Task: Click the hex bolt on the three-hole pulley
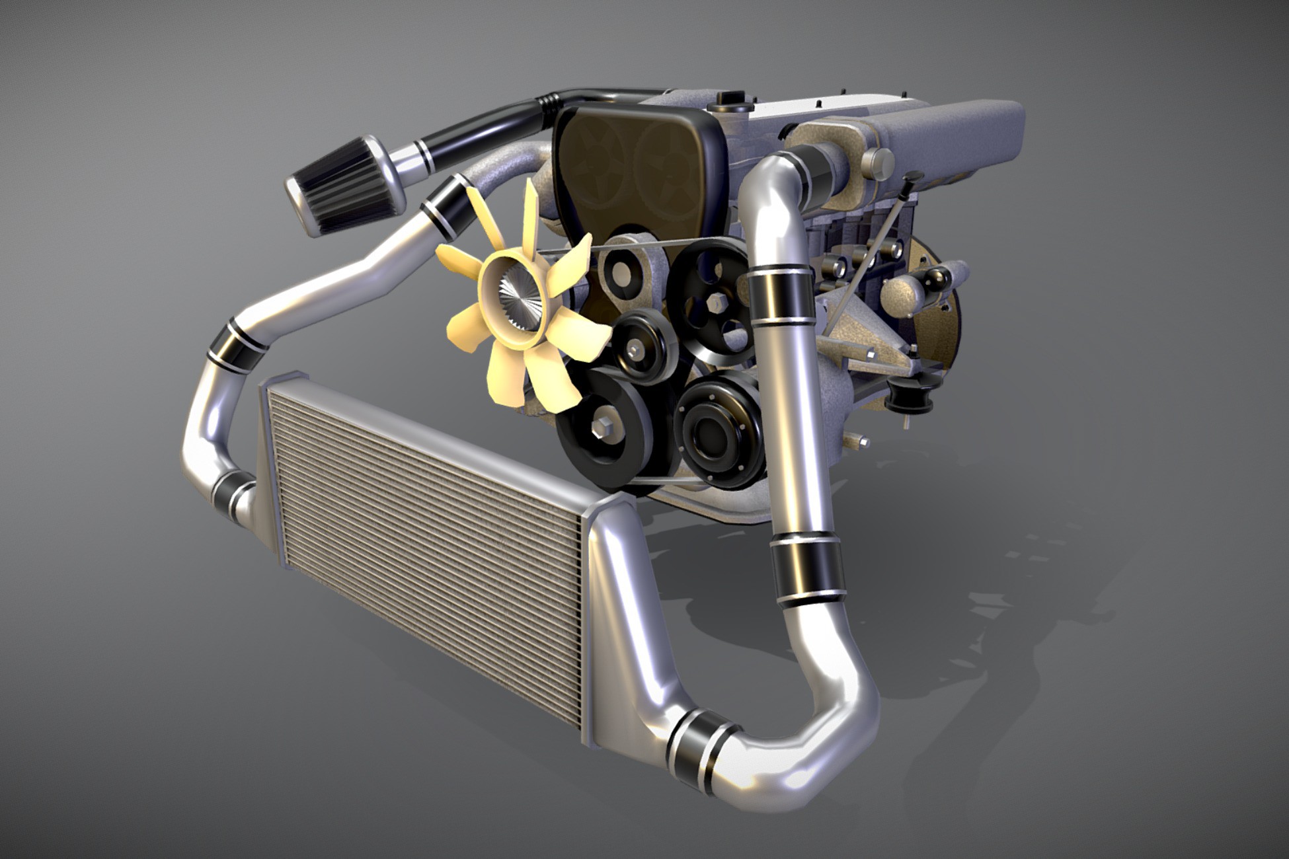click(716, 303)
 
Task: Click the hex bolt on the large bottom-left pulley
click(603, 428)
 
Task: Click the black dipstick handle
click(914, 177)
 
